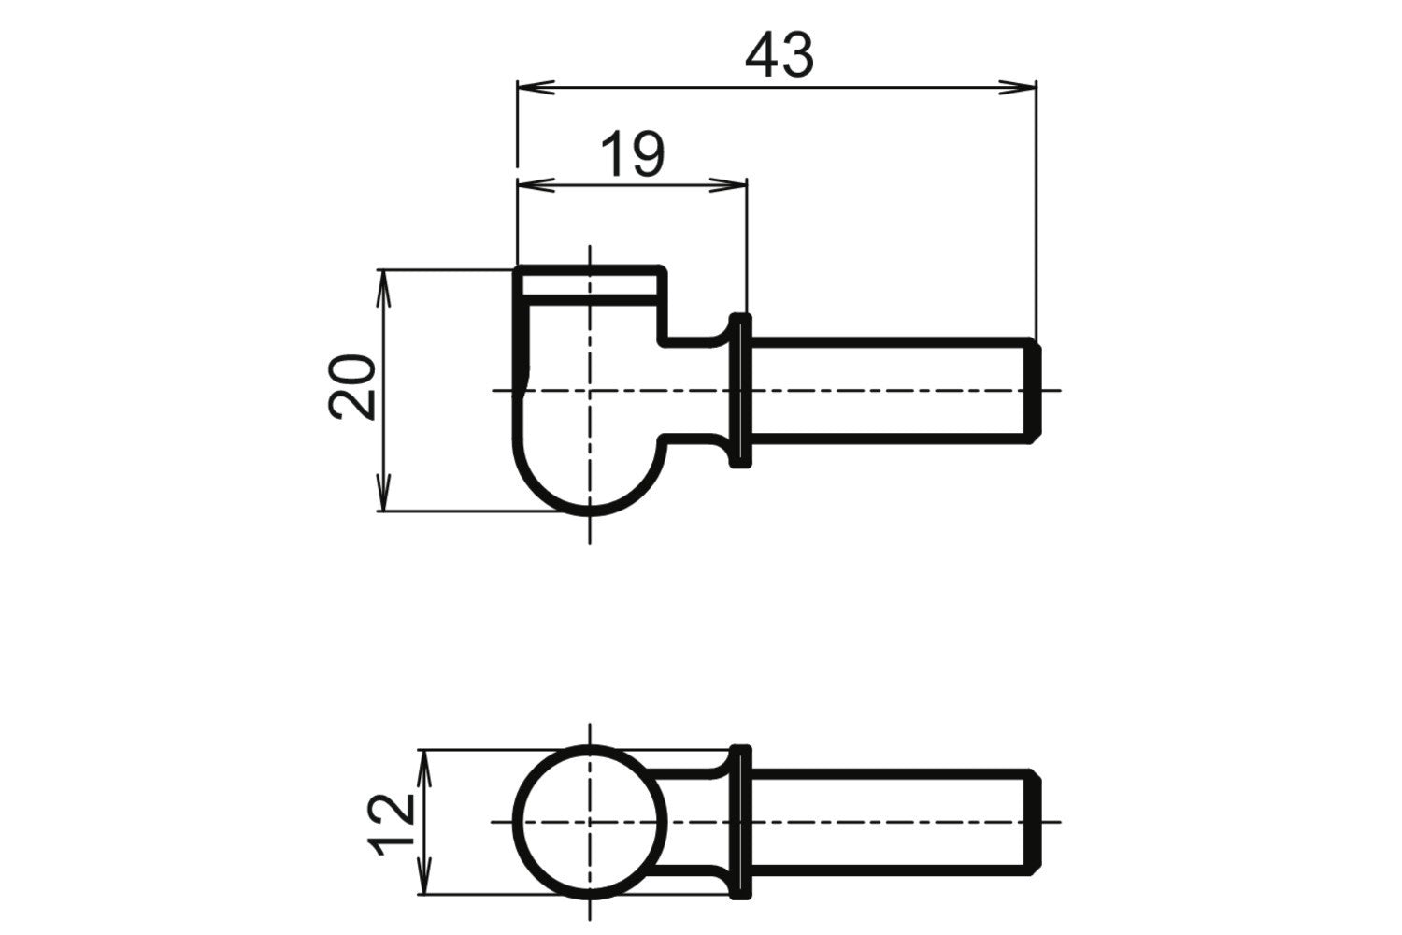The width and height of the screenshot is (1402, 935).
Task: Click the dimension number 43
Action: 780,55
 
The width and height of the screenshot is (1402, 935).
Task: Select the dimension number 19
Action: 632,154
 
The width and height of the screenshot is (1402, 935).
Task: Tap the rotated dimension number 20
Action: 351,386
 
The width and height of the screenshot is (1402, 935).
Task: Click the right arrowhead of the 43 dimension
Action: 1017,88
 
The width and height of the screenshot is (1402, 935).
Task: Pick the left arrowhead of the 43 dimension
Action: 536,88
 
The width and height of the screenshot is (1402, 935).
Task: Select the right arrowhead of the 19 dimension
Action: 728,185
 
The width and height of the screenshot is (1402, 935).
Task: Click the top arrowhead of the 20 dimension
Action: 383,289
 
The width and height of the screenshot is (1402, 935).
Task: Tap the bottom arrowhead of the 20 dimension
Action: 383,492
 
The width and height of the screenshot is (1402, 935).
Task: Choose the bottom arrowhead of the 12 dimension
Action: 425,875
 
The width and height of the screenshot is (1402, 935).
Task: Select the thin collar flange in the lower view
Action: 741,822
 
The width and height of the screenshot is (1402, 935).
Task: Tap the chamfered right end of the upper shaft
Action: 1034,391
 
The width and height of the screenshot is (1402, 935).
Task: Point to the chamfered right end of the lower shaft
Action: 1034,822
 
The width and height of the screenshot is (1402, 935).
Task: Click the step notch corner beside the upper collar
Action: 662,340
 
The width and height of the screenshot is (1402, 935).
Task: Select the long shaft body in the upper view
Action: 888,391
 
